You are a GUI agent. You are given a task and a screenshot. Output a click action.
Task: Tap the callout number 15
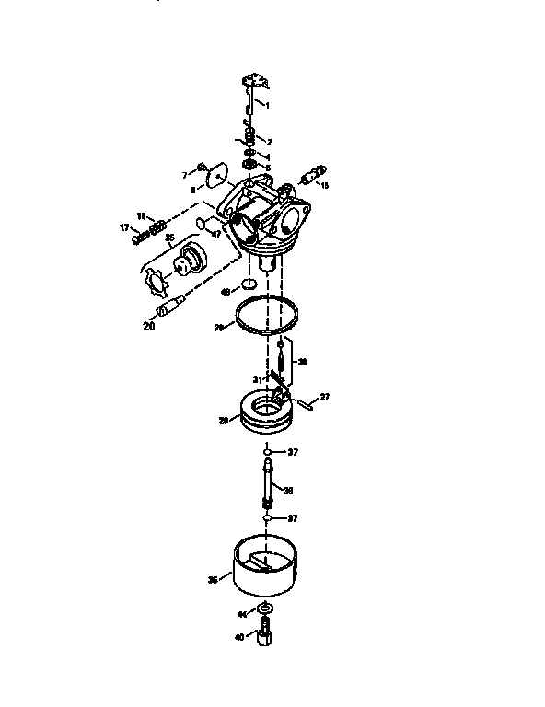click(x=324, y=185)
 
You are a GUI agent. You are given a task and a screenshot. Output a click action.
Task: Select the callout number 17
click(x=123, y=227)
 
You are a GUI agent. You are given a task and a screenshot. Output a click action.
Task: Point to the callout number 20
click(x=149, y=324)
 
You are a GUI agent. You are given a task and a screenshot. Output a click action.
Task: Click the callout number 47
click(x=216, y=234)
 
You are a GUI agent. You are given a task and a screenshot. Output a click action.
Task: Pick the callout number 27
click(x=323, y=397)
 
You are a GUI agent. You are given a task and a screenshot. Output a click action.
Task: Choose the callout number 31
click(x=258, y=379)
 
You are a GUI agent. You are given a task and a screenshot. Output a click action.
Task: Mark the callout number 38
click(x=288, y=489)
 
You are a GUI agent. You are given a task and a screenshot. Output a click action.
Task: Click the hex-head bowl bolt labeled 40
click(x=264, y=634)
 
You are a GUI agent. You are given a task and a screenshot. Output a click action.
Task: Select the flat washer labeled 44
click(x=264, y=610)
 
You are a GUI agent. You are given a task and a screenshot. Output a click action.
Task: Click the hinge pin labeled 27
click(x=305, y=403)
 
